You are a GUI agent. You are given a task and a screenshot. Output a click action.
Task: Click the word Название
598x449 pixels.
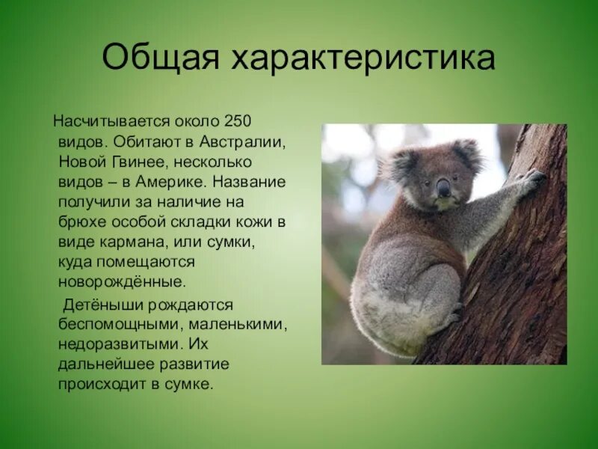coord(249,181)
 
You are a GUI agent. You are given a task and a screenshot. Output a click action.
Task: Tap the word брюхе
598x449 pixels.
coord(80,222)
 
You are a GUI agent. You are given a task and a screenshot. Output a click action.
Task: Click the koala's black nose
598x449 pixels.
coord(444,187)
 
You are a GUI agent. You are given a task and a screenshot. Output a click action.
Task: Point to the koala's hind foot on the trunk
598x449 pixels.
coord(453,314)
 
